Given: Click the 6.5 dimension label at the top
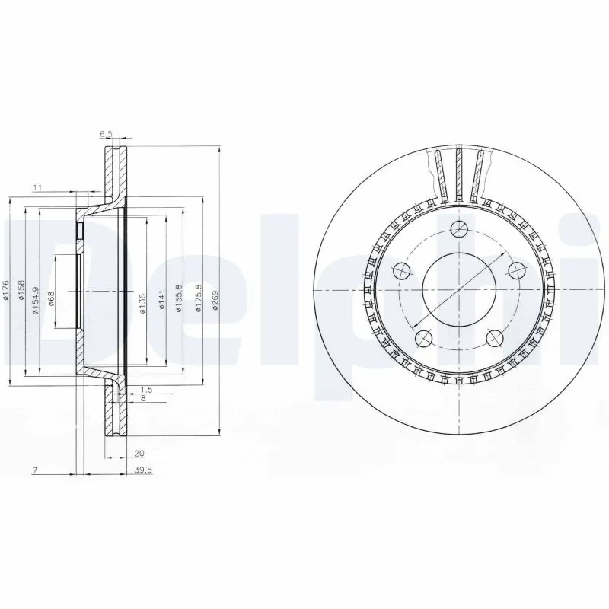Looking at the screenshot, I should [x=106, y=134].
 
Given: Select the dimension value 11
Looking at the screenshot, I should [x=36, y=187].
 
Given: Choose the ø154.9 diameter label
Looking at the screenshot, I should [x=34, y=293].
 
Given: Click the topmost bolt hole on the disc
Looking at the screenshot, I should [x=458, y=228].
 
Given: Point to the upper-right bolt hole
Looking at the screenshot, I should [x=516, y=270].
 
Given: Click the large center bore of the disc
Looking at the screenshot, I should [x=458, y=291].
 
